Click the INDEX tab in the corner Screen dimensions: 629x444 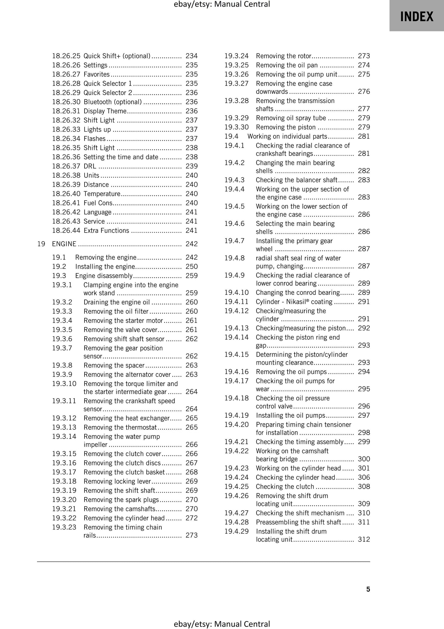pyautogui.click(x=416, y=16)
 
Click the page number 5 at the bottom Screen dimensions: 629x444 pyautogui.click(x=368, y=589)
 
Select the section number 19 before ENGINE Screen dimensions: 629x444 pyautogui.click(x=41, y=244)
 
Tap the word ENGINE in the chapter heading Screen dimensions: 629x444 pyautogui.click(x=64, y=244)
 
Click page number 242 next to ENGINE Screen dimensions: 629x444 pyautogui.click(x=191, y=244)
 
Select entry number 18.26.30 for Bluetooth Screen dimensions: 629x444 pyautogui.click(x=66, y=102)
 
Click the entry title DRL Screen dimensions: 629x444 pyautogui.click(x=90, y=166)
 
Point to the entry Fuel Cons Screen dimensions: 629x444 pyautogui.click(x=98, y=203)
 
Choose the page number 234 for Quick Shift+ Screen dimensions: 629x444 pyautogui.click(x=191, y=56)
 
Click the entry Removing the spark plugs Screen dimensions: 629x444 pyautogui.click(x=121, y=500)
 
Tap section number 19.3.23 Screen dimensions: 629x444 pyautogui.click(x=64, y=527)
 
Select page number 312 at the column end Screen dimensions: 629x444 pyautogui.click(x=364, y=539)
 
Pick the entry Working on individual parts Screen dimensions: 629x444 pyautogui.click(x=287, y=136)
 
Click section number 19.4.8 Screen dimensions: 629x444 pyautogui.click(x=234, y=258)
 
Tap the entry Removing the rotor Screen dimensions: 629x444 pyautogui.click(x=284, y=56)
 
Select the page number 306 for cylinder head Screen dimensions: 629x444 pyautogui.click(x=364, y=477)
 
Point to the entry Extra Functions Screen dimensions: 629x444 pyautogui.click(x=106, y=230)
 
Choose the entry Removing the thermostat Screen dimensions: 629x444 pyautogui.click(x=120, y=427)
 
